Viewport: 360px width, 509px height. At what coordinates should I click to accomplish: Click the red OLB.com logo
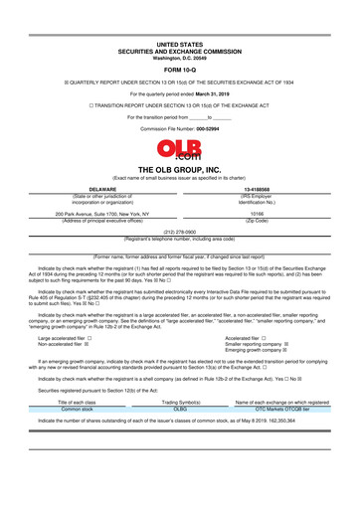[x=179, y=150]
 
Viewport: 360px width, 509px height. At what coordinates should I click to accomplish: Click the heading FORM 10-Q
[x=179, y=71]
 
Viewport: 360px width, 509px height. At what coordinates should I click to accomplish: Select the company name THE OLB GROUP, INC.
[x=179, y=170]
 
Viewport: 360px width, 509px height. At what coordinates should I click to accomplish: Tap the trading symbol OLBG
[x=180, y=408]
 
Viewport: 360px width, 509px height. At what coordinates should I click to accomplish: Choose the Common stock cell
[x=76, y=408]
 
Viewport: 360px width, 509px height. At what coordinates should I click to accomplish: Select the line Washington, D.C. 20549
[x=179, y=57]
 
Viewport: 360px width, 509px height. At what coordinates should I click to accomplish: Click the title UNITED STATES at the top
[x=179, y=45]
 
